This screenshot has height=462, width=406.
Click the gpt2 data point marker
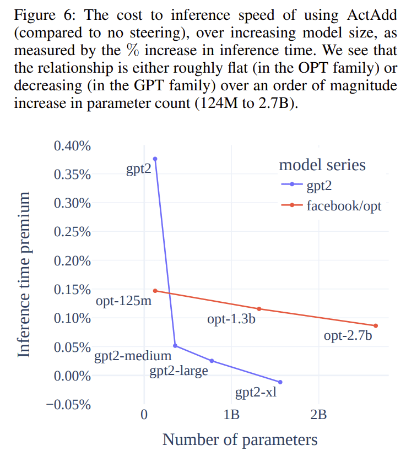[155, 159]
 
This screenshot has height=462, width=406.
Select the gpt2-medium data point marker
[175, 346]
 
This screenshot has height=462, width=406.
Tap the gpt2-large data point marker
[212, 361]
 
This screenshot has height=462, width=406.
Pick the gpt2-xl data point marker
[280, 382]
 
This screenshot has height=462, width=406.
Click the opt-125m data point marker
[155, 290]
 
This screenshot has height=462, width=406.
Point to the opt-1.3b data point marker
[259, 308]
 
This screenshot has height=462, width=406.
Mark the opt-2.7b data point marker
[376, 325]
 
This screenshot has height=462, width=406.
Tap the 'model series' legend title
[322, 165]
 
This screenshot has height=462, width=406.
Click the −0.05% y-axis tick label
[68, 405]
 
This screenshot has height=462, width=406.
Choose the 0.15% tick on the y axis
[72, 290]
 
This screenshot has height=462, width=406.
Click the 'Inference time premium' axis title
[24, 275]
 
